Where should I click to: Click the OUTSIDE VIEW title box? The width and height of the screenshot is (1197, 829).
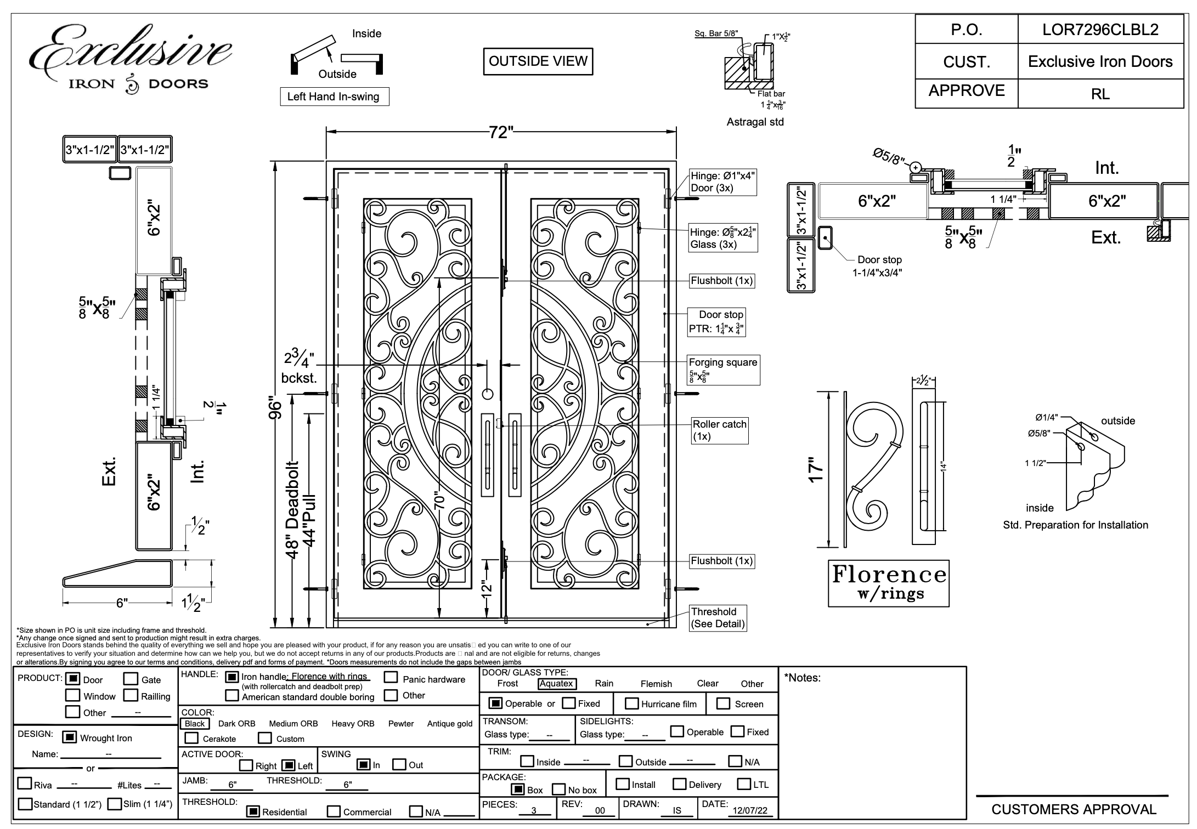[x=538, y=61]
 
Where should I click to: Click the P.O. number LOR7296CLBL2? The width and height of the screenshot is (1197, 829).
[x=1100, y=30]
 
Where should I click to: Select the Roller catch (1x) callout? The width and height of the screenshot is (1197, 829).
[x=719, y=430]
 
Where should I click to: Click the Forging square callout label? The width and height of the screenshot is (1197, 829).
[x=723, y=362]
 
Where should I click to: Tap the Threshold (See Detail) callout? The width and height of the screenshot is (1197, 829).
[x=718, y=618]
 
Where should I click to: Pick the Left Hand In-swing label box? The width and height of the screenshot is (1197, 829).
[x=334, y=97]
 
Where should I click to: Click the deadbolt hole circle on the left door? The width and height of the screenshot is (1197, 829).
[x=487, y=394]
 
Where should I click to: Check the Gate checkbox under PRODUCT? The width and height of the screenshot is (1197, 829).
[x=131, y=679]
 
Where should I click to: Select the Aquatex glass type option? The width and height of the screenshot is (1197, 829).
[x=556, y=684]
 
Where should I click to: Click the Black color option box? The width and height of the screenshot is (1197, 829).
[x=194, y=724]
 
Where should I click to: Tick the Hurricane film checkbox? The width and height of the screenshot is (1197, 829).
[x=632, y=704]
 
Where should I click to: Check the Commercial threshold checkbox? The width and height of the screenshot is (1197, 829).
[x=334, y=811]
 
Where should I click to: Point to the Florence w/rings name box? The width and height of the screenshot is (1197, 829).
[x=889, y=583]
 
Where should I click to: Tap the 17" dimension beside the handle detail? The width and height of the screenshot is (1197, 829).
[x=817, y=470]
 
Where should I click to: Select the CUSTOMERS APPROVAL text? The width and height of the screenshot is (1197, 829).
[x=1074, y=809]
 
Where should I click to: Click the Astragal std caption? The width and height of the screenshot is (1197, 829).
[x=755, y=122]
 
